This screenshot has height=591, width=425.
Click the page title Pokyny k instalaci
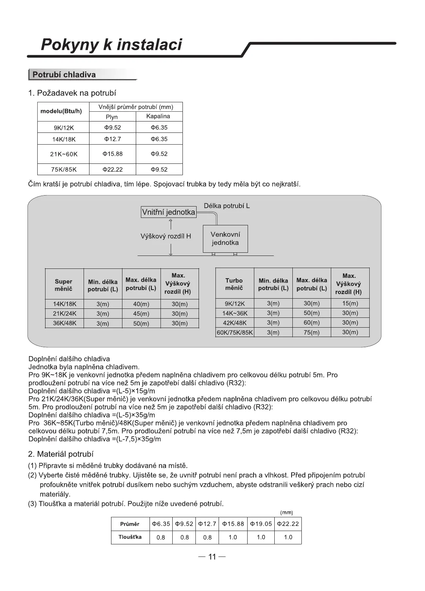click(111, 45)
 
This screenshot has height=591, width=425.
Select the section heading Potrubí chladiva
click(64, 74)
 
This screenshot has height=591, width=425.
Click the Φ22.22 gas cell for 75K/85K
click(113, 169)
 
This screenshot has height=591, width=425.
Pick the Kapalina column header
click(158, 116)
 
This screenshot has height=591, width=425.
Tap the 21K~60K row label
click(64, 154)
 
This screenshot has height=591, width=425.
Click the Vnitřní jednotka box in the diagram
click(168, 212)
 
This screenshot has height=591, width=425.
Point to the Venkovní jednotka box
click(225, 238)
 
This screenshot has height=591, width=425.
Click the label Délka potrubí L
click(227, 206)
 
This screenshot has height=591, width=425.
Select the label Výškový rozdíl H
click(166, 236)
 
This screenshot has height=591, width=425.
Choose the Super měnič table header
click(64, 285)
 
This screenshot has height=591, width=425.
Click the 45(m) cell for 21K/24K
click(141, 314)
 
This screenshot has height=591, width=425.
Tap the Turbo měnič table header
click(234, 284)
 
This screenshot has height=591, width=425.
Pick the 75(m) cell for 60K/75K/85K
click(312, 332)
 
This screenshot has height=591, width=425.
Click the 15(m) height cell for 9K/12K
click(350, 303)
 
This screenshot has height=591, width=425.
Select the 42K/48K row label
click(234, 323)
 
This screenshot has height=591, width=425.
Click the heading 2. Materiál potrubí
click(61, 454)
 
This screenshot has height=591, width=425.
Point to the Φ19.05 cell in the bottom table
click(261, 524)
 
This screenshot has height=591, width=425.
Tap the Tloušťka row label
click(130, 537)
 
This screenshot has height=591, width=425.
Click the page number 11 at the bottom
click(212, 557)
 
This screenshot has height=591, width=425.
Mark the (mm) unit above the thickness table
click(286, 512)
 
